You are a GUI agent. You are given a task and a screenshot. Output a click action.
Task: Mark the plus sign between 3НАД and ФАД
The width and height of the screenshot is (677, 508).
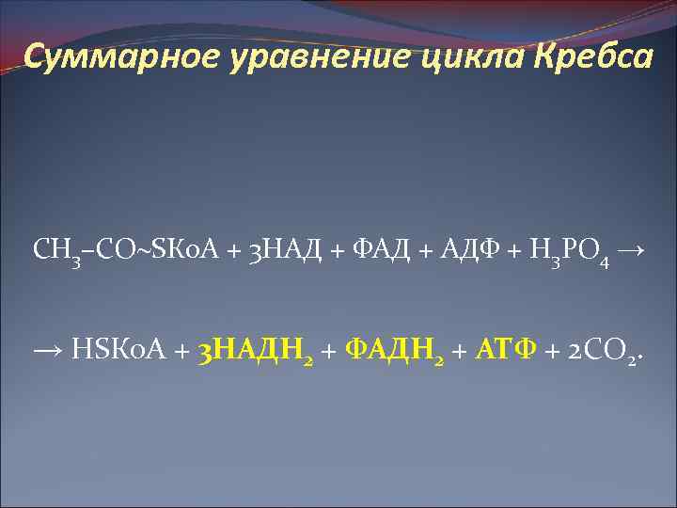tap(338, 251)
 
